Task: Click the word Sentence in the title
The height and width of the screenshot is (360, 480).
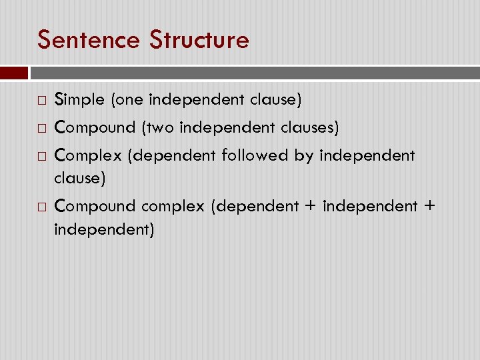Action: click(x=89, y=40)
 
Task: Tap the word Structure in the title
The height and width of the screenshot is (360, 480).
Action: click(x=199, y=40)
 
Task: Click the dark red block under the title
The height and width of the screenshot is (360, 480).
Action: click(x=14, y=73)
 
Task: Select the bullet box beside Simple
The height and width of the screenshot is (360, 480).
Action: click(x=41, y=101)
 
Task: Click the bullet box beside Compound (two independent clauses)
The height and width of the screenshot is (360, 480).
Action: click(x=41, y=127)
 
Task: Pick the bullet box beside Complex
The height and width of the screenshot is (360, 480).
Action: click(x=41, y=157)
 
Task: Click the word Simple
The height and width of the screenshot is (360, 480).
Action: click(x=79, y=100)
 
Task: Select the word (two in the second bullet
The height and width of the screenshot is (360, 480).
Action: click(x=155, y=127)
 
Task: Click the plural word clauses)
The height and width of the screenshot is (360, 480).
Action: click(x=313, y=127)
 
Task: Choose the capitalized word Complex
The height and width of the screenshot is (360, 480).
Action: click(x=89, y=156)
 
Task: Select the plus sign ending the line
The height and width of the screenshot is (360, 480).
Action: click(x=428, y=207)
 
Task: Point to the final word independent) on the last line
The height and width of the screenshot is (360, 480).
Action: click(x=105, y=230)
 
